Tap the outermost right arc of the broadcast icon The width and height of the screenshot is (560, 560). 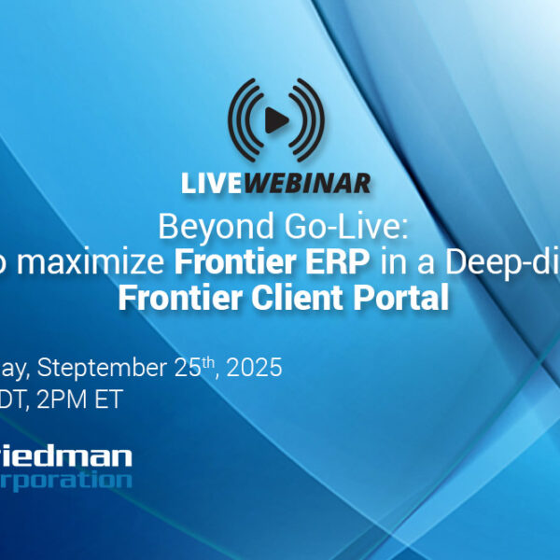pos(320,120)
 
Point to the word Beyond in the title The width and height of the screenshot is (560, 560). pos(200,227)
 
